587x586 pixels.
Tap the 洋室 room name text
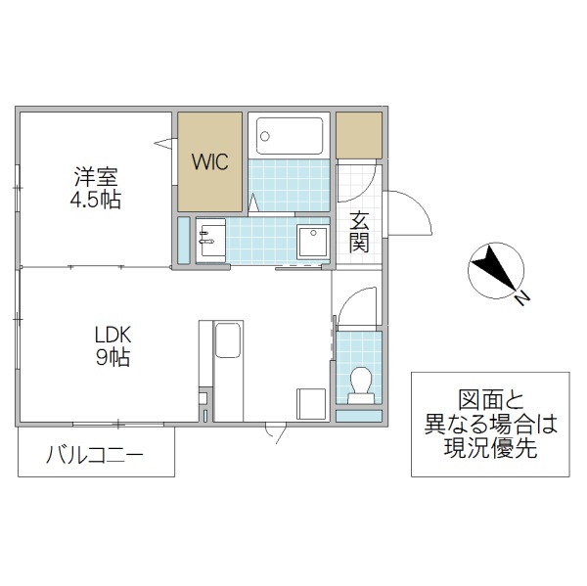(x=96, y=179)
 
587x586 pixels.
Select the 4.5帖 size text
(x=96, y=200)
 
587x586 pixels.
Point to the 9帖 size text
(x=113, y=357)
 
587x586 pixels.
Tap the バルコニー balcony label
(x=95, y=455)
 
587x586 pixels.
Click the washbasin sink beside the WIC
(x=210, y=238)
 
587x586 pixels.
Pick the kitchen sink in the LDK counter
(x=228, y=343)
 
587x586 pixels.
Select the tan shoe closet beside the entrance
(x=359, y=135)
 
